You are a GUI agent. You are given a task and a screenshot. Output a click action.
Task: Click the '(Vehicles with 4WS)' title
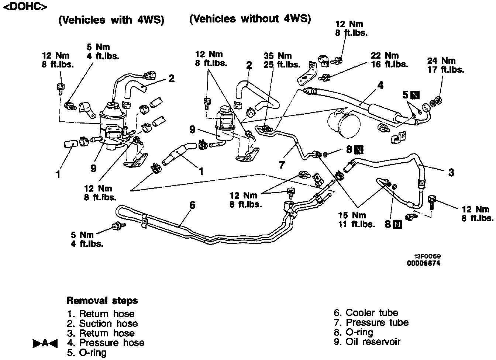point(111,20)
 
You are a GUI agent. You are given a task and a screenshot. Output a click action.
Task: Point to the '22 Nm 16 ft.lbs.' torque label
point(389,59)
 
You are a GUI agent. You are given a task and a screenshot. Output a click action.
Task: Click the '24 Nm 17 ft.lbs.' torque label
point(445,65)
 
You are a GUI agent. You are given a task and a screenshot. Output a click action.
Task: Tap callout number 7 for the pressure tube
point(282,165)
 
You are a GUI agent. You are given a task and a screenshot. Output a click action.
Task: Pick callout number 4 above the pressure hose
point(380,86)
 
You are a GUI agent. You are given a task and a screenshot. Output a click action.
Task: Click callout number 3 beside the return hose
point(451,172)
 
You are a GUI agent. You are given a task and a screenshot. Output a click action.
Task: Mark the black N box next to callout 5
point(415,95)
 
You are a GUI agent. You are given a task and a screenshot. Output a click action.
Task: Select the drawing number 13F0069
point(427,256)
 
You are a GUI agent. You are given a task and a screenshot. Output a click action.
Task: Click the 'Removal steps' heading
point(102,301)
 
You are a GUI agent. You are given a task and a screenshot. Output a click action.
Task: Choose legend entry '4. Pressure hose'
point(106,343)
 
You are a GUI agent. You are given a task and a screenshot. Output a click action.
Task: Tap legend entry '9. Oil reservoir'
point(367,342)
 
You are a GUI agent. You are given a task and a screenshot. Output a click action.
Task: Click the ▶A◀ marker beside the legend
point(45,343)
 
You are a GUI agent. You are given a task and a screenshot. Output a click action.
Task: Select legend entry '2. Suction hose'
point(103,324)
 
